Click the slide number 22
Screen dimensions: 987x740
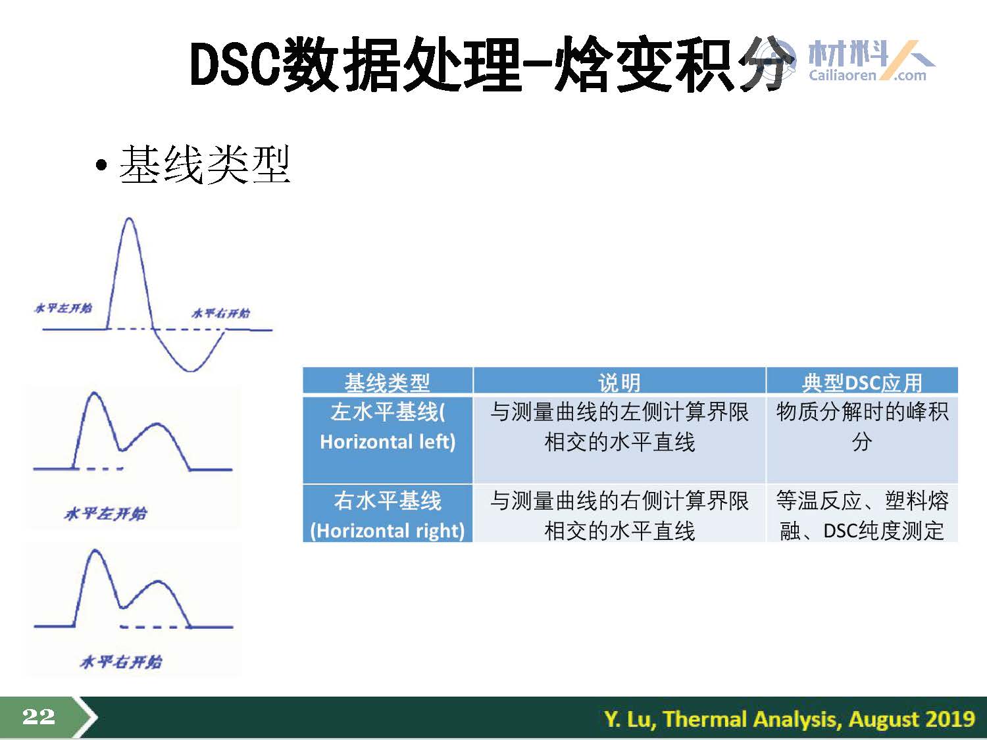point(39,716)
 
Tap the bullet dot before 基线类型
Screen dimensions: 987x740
point(101,165)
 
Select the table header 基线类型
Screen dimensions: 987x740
point(387,383)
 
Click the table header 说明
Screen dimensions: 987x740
point(619,383)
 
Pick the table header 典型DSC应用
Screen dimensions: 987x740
point(862,383)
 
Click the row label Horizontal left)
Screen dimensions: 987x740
point(388,441)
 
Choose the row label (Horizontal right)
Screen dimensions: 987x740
point(388,531)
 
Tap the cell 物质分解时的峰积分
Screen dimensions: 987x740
point(862,427)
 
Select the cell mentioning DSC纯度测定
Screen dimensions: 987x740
point(862,516)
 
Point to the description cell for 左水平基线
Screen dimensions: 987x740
point(619,427)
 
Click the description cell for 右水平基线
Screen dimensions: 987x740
point(619,516)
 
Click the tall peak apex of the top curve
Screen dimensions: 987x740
point(130,219)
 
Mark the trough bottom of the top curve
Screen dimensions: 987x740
point(191,371)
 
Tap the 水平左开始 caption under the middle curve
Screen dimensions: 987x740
point(106,514)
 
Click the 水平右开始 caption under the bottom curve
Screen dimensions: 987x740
point(120,662)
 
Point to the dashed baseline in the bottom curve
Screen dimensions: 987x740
point(155,627)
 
